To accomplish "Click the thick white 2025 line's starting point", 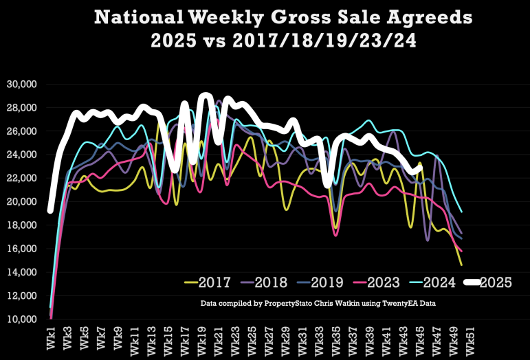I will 50,211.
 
